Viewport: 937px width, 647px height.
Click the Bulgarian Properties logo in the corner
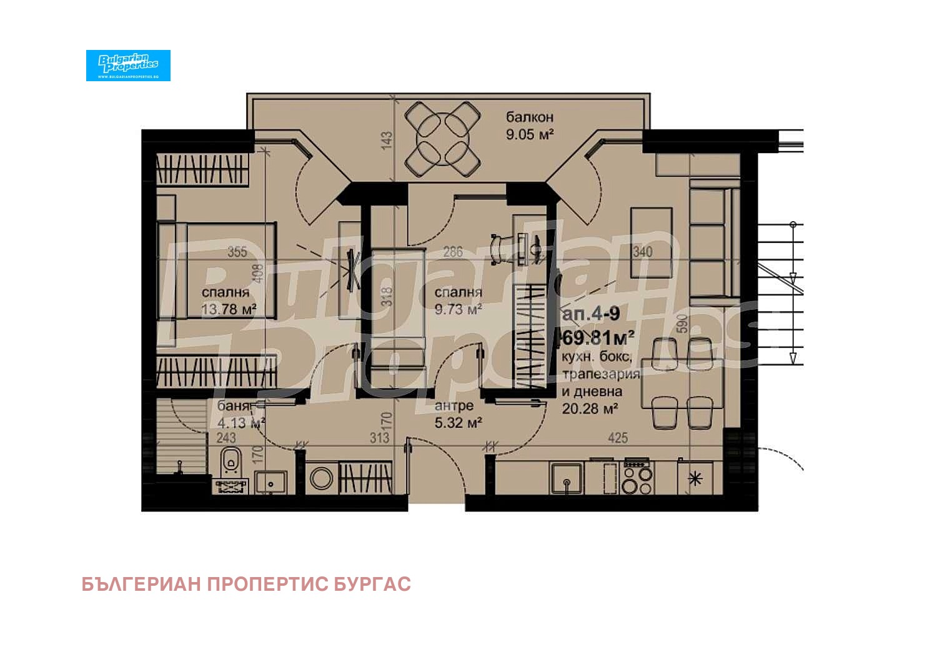point(128,65)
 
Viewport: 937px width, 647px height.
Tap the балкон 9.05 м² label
point(530,126)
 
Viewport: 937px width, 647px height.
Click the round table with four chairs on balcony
point(443,139)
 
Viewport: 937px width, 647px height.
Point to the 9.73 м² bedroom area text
point(458,309)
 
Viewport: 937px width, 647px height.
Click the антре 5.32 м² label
point(457,414)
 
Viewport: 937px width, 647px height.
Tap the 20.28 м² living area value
point(590,409)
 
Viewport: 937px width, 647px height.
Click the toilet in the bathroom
point(231,461)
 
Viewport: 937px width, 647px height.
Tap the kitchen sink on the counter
point(567,479)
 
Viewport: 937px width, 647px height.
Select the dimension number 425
point(617,438)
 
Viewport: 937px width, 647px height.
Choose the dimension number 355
point(237,252)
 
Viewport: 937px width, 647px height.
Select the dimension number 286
point(452,252)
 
